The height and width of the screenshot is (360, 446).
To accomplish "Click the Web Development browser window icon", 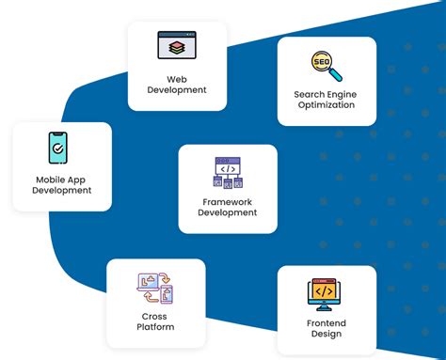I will tap(177, 46).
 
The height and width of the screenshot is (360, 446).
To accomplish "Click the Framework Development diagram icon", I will tap(228, 174).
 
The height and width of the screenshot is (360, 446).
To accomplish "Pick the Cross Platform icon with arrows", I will tap(154, 289).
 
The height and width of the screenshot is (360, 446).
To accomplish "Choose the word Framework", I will tap(228, 201).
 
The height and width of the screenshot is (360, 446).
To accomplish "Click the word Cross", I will tap(155, 316).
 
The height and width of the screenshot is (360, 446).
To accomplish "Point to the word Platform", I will tap(155, 327).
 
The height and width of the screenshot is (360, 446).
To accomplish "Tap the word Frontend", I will tap(327, 322).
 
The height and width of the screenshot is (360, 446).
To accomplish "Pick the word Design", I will tap(327, 335).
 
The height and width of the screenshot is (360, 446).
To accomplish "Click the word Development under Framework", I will tap(228, 212).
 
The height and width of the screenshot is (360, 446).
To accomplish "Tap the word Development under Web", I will tap(177, 90).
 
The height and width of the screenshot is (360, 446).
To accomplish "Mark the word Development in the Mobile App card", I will tap(62, 191).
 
